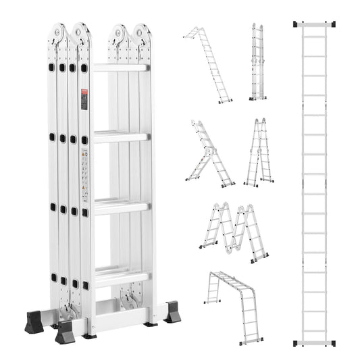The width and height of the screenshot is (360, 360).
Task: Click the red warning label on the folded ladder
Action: pyautogui.click(x=84, y=99)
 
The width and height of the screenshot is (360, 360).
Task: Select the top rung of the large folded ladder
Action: pyautogui.click(x=120, y=68)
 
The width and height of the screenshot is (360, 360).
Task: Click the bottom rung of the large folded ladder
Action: pyautogui.click(x=121, y=275)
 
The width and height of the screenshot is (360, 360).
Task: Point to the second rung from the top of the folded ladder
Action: pyautogui.click(x=120, y=136)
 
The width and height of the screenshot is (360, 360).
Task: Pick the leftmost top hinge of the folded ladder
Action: pyautogui.click(x=57, y=34)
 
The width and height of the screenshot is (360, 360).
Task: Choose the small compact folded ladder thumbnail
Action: pyautogui.click(x=257, y=62)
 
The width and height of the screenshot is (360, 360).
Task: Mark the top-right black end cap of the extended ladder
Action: pyautogui.click(x=332, y=24)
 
